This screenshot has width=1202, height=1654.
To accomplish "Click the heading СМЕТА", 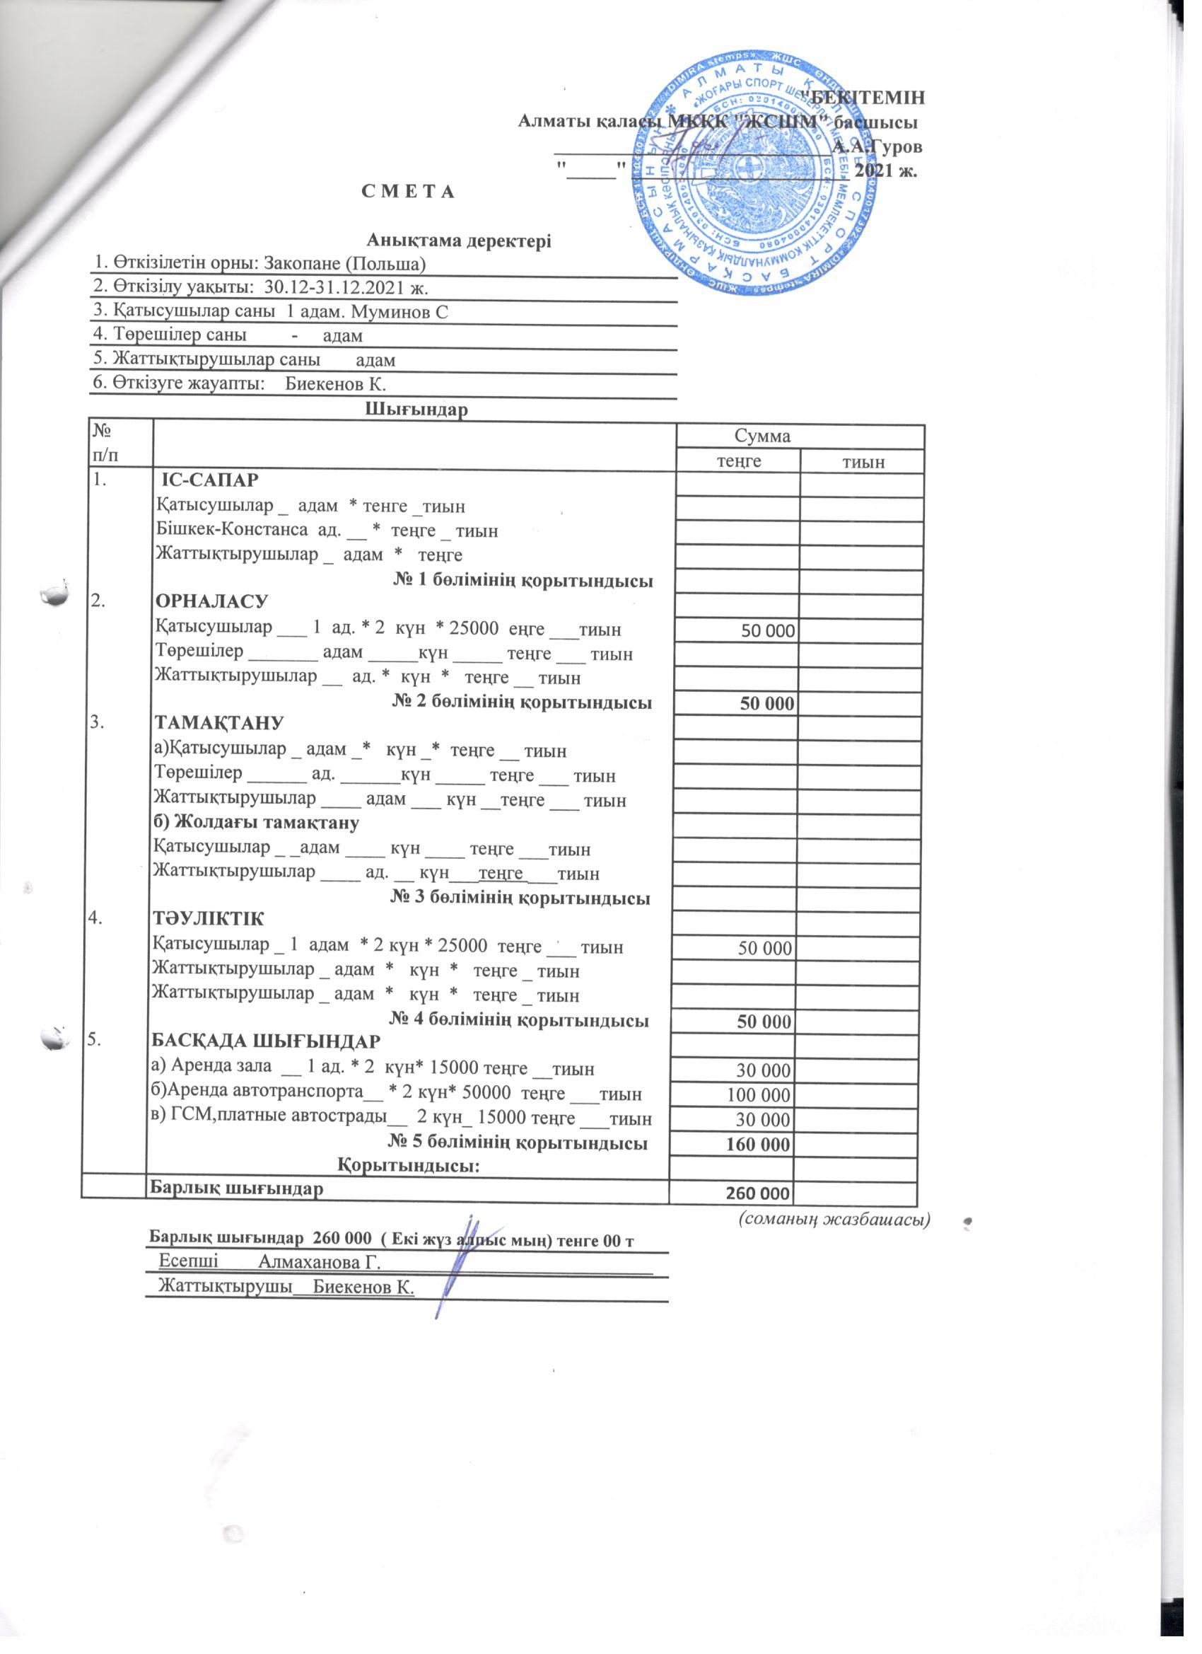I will [x=407, y=192].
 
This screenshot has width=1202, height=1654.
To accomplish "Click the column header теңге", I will [x=737, y=462].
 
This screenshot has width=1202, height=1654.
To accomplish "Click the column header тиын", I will [x=861, y=462].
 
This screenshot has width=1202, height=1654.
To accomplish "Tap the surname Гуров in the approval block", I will [x=896, y=146].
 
